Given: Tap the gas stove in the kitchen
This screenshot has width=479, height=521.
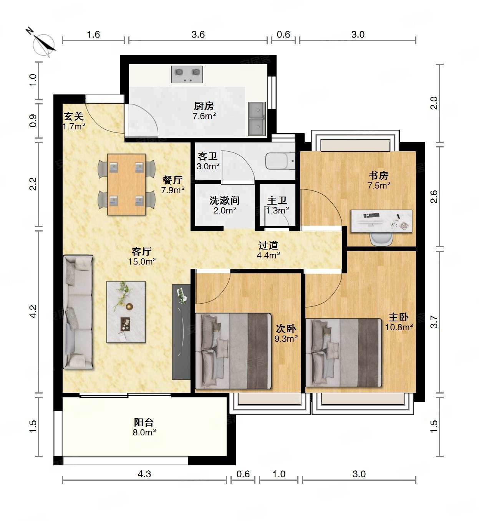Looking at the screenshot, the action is tap(187, 74).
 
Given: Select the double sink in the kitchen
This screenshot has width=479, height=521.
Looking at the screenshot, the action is tap(257, 119).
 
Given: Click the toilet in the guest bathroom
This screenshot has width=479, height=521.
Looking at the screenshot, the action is tap(280, 161).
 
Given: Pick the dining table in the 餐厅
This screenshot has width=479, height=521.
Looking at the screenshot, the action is tap(126, 184).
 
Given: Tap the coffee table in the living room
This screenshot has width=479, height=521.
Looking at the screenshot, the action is tap(126, 312).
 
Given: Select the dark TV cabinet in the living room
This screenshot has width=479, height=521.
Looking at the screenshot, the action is tap(181, 332).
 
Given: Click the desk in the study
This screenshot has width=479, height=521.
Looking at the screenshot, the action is tap(381, 221).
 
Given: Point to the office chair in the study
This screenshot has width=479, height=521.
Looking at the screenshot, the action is tap(381, 239).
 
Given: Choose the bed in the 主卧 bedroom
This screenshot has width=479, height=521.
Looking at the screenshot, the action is tap(343, 353).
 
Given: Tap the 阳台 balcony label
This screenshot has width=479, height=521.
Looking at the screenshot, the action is tap(144, 422).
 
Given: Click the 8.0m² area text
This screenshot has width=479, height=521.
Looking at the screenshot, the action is tap(144, 432).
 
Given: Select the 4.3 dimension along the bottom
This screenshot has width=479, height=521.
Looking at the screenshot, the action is tap(144, 474).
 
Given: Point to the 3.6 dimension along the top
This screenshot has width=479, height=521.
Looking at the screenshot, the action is tap(198, 34).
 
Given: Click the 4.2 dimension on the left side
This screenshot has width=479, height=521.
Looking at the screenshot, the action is tap(33, 311).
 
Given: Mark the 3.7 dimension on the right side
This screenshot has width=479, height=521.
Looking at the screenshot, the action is tap(434, 322).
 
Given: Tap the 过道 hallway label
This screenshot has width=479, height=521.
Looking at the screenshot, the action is tap(268, 245).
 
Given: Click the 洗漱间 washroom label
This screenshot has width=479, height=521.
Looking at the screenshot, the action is tap(225, 200).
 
